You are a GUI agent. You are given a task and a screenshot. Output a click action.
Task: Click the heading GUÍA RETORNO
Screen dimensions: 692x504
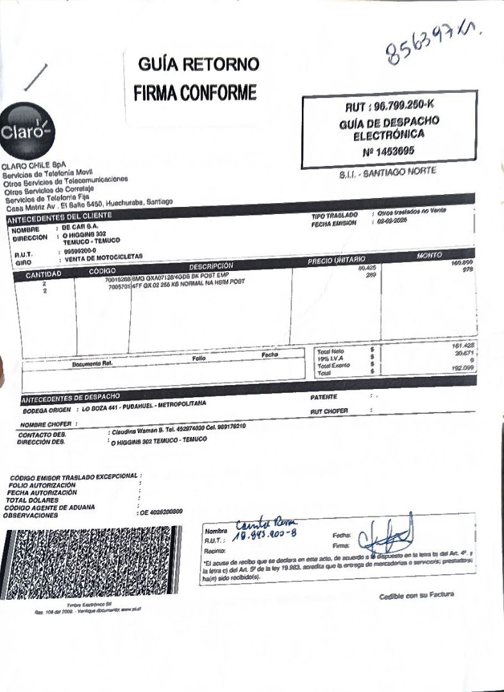199,64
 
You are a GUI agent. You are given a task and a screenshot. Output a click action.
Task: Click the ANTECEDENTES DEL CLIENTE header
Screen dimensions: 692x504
60,217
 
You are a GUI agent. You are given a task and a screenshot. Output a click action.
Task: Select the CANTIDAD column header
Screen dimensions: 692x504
44,274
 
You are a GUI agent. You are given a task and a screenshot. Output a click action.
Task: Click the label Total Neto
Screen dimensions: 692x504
330,352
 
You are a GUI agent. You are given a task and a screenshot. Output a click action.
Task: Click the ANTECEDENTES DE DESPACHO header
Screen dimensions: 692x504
71,399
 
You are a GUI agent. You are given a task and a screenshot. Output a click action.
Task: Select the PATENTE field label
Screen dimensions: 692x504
323,397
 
